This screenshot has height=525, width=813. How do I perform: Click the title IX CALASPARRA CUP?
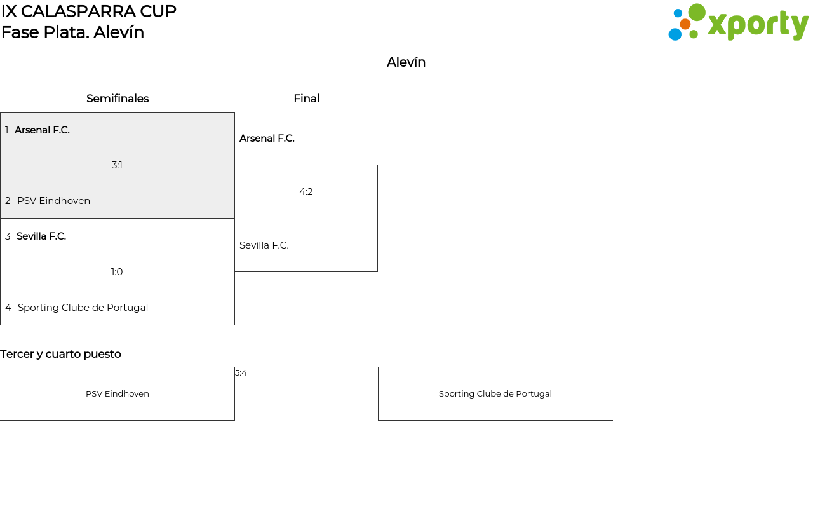pos(89,11)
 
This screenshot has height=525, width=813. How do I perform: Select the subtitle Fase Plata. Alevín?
pos(72,32)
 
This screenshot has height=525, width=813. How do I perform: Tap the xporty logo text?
pos(758,25)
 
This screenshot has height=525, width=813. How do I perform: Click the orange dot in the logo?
pos(685,24)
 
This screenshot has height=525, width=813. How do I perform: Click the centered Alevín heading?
pos(406,62)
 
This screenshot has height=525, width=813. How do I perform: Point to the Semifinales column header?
pos(118,99)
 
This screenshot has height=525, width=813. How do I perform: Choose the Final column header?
pos(307,99)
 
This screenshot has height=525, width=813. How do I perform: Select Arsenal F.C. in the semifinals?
pos(42,130)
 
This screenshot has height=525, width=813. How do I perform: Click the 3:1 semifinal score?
pos(117,165)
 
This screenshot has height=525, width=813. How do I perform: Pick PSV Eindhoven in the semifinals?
pos(54,201)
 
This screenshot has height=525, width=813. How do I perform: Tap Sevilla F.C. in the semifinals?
pos(41,236)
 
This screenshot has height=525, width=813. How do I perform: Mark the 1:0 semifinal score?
pos(117,272)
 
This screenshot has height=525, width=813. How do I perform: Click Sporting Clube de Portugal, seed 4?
pos(83,308)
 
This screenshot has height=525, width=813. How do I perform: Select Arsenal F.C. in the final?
pos(267,139)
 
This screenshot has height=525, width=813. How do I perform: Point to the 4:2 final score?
pos(306,192)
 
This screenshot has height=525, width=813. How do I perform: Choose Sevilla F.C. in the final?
pos(264,245)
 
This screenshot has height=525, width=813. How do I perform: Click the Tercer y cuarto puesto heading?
pos(60,354)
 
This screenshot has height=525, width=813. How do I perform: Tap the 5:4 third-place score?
pos(241,373)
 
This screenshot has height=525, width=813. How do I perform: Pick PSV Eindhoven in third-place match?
pos(118,394)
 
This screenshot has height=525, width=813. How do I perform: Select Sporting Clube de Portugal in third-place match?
pos(495,394)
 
